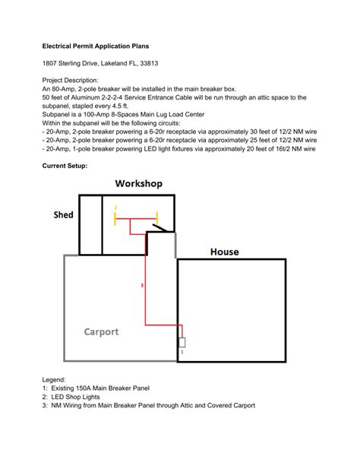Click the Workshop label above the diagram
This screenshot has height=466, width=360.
(x=138, y=184)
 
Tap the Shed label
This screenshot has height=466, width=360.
(x=63, y=215)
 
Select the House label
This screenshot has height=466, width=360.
(x=224, y=252)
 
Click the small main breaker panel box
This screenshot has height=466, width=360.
(x=182, y=342)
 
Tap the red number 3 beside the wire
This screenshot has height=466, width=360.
(x=142, y=286)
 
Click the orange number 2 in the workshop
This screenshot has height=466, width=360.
(x=115, y=207)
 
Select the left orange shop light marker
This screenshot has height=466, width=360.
(x=115, y=219)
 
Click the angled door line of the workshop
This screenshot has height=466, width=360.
(x=159, y=227)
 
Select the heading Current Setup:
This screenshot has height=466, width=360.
(x=65, y=165)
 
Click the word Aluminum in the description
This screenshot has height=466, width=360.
(x=90, y=97)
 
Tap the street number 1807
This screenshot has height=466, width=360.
(x=51, y=63)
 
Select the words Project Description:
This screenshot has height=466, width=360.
(x=70, y=80)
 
